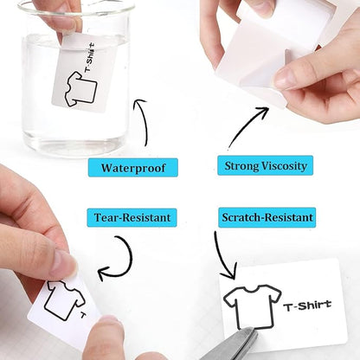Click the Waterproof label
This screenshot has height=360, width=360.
133,167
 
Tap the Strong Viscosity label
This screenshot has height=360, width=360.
266,165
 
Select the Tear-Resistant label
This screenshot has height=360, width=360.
132,217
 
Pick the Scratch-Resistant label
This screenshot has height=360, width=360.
267,217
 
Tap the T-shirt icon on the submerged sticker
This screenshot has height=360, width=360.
80,89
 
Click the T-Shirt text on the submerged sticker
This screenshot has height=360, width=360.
90,57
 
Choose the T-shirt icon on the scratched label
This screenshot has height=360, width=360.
253,306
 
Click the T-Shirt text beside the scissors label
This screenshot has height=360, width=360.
307,305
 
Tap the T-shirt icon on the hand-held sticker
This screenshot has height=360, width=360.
65,300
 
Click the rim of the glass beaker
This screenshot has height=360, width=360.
76,9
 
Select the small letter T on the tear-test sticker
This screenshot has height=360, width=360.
83,315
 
